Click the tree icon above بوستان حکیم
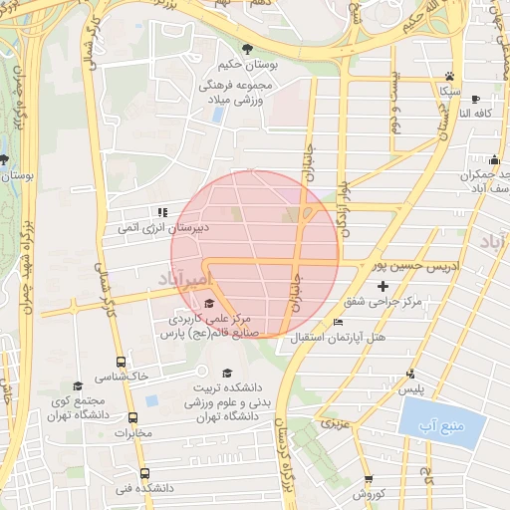(247, 49)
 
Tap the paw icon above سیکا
(450, 76)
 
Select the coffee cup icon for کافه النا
(475, 99)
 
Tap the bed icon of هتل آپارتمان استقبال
(338, 322)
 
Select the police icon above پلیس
(410, 375)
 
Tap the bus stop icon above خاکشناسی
(121, 363)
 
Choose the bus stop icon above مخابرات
(132, 418)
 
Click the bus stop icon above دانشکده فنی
(144, 473)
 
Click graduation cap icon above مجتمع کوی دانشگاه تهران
(77, 385)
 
